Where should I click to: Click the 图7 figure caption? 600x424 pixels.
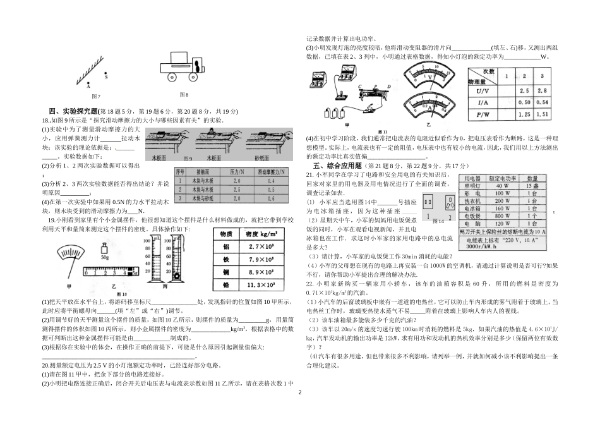(96, 95)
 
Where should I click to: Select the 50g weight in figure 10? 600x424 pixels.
(105, 257)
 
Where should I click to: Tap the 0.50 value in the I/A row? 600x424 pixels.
(524, 103)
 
